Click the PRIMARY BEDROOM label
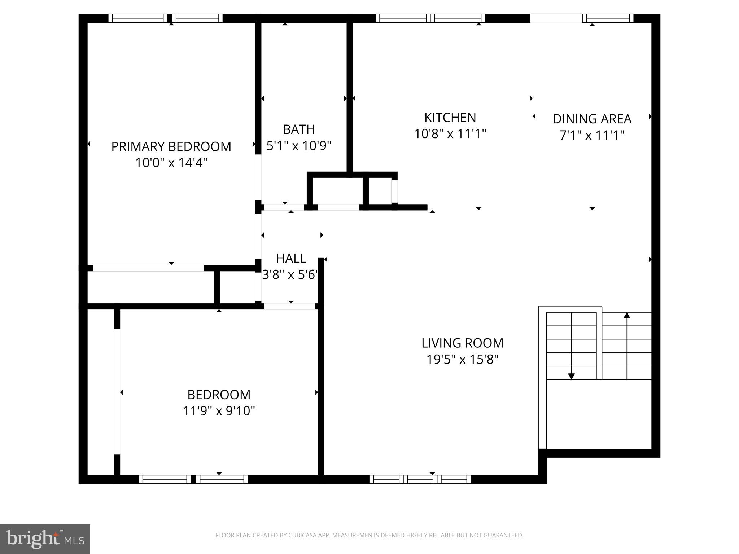[x=171, y=146]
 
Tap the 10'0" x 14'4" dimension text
[x=171, y=163]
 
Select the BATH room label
[x=299, y=129]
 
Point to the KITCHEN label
[x=450, y=118]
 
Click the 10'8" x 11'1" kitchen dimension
[x=450, y=134]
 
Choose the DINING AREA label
[x=592, y=119]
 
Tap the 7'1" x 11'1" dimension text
[x=592, y=135]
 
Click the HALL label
[x=291, y=258]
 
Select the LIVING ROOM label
[x=462, y=343]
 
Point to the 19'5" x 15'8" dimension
[x=462, y=359]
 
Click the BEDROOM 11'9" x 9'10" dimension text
[x=219, y=411]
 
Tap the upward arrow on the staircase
[x=627, y=316]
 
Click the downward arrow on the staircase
[x=571, y=376]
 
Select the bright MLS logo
[x=45, y=539]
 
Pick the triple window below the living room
[x=420, y=479]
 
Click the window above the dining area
[x=608, y=18]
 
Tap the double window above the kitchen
[x=430, y=18]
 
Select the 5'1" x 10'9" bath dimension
[x=299, y=146]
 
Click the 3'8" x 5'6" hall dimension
[x=290, y=275]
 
